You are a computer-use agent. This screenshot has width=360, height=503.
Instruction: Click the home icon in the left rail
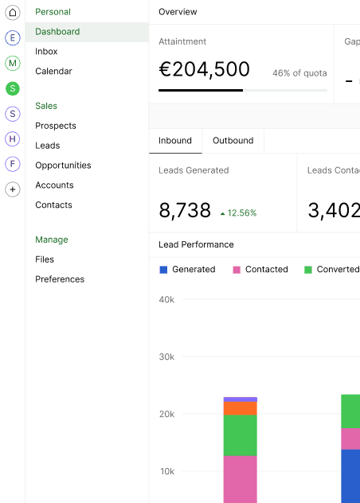13,13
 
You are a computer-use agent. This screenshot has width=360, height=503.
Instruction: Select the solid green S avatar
13,88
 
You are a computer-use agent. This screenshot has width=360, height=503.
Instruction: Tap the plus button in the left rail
13,189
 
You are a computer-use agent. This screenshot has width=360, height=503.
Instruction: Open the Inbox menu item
46,51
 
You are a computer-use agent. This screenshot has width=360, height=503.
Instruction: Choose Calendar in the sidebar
53,71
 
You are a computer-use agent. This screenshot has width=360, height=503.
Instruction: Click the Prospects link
56,126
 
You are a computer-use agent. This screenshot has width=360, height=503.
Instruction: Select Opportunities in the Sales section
63,166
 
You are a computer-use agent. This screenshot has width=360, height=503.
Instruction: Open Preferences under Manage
60,279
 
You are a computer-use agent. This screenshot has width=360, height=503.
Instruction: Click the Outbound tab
233,141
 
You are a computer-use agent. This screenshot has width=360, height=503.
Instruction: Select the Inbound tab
175,141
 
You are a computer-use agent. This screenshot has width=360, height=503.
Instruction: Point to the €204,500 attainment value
204,69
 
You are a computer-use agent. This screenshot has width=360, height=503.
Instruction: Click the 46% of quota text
299,73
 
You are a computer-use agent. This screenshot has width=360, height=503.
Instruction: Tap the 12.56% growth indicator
238,213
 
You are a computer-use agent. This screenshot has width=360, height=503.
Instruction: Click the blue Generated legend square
163,270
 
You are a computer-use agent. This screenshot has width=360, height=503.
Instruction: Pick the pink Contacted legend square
237,270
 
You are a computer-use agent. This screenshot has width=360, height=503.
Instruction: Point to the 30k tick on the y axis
166,357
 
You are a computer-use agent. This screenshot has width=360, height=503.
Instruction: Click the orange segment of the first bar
241,408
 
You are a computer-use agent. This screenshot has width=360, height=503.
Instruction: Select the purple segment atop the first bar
241,400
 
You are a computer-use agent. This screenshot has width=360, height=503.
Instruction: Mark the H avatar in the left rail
13,139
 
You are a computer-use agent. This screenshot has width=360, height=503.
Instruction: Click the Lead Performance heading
196,244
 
